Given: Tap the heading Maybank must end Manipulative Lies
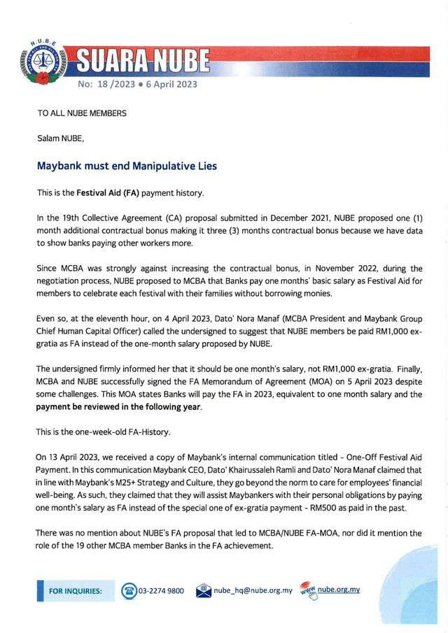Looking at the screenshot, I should point(127,166).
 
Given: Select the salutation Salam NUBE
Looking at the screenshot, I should point(60,138).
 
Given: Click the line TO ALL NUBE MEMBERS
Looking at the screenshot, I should point(82,113).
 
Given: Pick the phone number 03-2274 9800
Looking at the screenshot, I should point(161,590).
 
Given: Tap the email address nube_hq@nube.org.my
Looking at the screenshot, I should point(253,590).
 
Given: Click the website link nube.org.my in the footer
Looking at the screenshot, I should point(339,590).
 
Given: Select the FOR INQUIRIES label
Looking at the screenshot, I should point(76,591).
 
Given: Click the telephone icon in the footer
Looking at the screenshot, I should point(129,590).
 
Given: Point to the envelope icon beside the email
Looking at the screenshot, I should point(204,590).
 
